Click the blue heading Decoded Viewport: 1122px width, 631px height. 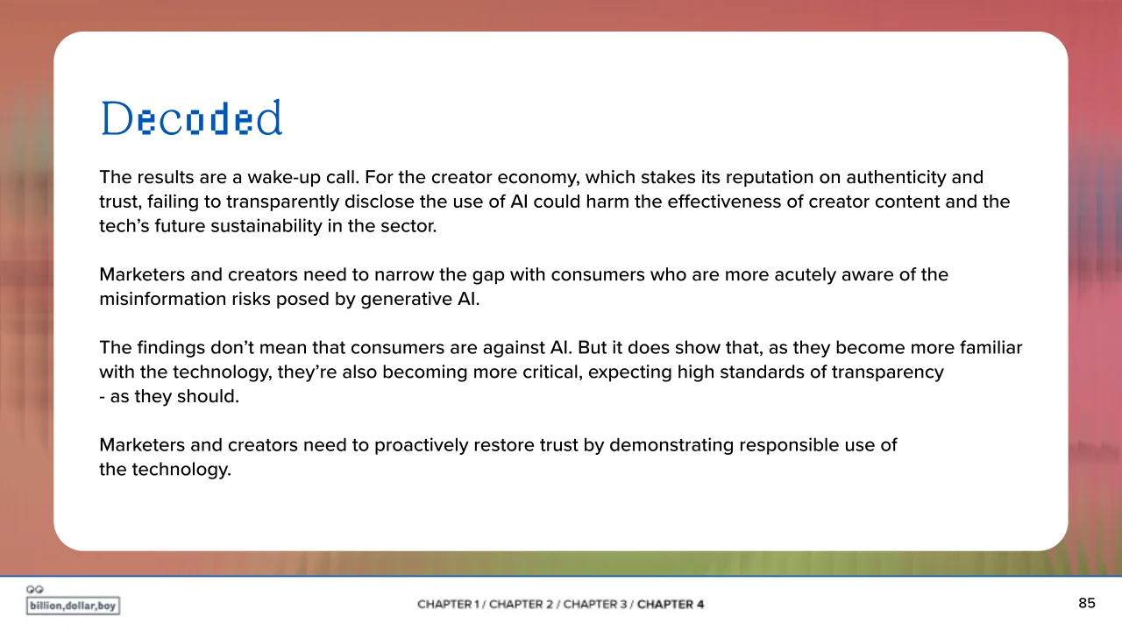(191, 118)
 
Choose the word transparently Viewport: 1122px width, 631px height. (282, 202)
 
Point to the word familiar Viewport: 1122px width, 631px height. (991, 348)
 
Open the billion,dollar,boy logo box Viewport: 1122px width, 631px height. (73, 606)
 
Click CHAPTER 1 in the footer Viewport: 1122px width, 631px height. (448, 605)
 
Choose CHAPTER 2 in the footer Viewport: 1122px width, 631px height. (521, 605)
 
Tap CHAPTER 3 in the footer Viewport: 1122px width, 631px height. (595, 605)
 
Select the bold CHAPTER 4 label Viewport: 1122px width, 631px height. (671, 605)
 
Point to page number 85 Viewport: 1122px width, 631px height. (1087, 603)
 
